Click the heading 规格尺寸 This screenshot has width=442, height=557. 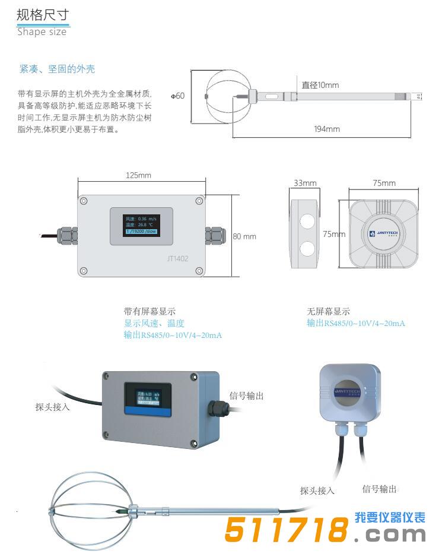tap(43, 15)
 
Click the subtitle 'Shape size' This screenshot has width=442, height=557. tap(42, 32)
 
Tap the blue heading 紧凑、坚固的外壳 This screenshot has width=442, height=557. tap(57, 69)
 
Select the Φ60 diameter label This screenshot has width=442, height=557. tap(178, 96)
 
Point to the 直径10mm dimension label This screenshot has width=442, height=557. tap(320, 85)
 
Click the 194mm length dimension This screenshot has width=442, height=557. tap(326, 129)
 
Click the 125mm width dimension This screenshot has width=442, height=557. tap(139, 175)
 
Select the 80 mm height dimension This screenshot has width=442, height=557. tap(244, 236)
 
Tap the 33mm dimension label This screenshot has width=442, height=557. tap(305, 183)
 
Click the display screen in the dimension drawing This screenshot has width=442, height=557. tap(141, 226)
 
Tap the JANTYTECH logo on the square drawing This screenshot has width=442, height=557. tap(386, 234)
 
